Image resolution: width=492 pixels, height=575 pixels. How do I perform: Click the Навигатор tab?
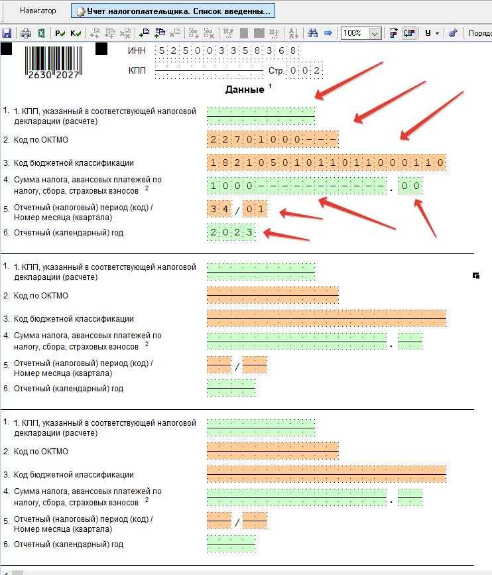pos(37,11)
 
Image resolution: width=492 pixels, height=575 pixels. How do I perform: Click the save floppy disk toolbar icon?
pos(7,33)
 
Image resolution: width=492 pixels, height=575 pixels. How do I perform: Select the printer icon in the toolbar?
pos(26,33)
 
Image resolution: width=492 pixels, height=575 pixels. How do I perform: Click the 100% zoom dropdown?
pos(360,33)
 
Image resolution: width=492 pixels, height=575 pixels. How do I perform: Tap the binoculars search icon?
pos(312,33)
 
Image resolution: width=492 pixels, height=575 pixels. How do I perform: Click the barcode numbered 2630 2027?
pos(53,62)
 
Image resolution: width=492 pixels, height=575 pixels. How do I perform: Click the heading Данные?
pos(245,90)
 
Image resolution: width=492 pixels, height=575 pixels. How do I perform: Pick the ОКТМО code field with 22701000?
pos(273,139)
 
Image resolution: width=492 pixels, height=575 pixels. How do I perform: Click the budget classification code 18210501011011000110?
pos(326,162)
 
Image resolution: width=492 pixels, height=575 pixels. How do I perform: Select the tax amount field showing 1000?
pos(296,186)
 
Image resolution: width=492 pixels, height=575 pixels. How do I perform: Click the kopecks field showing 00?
pos(410,186)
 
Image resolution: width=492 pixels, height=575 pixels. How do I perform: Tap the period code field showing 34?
pos(219,210)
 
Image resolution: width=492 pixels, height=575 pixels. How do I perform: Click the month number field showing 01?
pos(255,210)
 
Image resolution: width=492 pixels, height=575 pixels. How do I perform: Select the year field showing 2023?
pos(231,233)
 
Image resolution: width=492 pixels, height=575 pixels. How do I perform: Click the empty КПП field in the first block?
pos(261,116)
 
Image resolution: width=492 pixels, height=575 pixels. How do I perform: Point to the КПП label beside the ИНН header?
pos(137,70)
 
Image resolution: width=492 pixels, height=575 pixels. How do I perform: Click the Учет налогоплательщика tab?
pos(172,11)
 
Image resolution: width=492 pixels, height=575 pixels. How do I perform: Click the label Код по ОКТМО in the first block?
pos(40,140)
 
